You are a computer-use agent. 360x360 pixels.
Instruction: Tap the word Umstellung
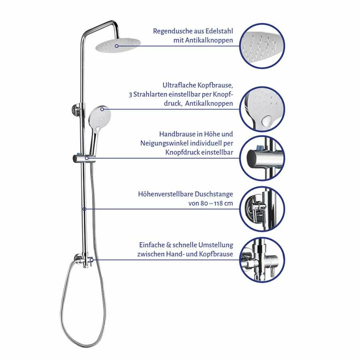tap(216, 245)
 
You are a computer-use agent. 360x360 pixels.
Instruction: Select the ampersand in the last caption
tap(169, 245)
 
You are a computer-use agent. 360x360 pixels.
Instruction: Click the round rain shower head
tap(118, 45)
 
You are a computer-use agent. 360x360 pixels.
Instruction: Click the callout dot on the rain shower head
tap(117, 46)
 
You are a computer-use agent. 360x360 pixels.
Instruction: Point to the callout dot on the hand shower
tap(102, 109)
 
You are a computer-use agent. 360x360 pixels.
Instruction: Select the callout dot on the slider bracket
tap(87, 158)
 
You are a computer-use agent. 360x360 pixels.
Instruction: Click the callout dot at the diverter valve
tap(91, 260)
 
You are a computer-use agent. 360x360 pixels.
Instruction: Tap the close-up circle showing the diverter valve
tap(262, 260)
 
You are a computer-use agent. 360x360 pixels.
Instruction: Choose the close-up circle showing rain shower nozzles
tap(262, 46)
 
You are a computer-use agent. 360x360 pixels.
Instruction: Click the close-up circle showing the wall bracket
tap(262, 209)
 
